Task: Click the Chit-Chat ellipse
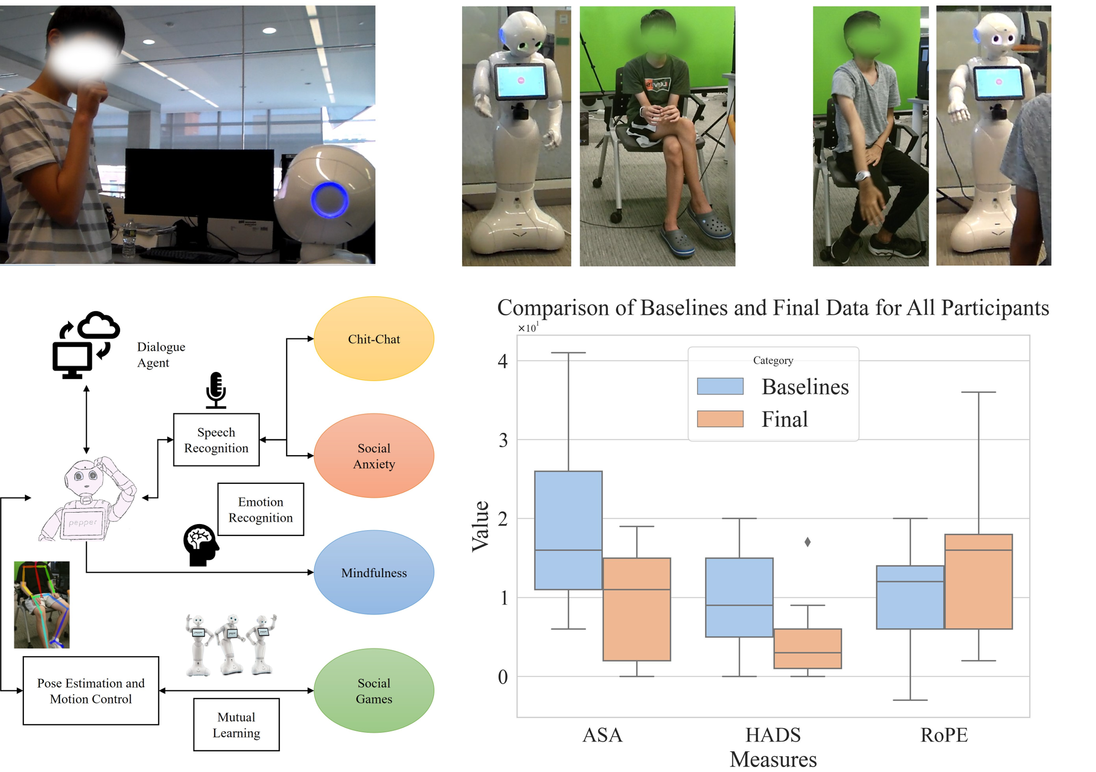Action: coord(374,339)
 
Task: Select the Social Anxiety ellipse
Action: coord(374,456)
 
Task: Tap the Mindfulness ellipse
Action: coord(374,572)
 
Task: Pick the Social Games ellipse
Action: coord(374,690)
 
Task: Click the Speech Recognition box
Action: coord(216,440)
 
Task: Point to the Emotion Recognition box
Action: coord(260,509)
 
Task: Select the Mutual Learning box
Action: coord(236,725)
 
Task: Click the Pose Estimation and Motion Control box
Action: coord(91,690)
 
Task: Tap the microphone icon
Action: coord(216,390)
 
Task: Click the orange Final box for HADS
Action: coord(807,649)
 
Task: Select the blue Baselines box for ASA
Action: coord(568,530)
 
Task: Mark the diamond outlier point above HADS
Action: coord(807,542)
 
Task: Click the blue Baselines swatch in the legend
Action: coord(720,387)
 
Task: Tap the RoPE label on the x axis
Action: coord(944,735)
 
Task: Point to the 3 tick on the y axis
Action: coord(503,440)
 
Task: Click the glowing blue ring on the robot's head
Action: coord(329,200)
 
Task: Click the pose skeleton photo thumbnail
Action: coord(42,605)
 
